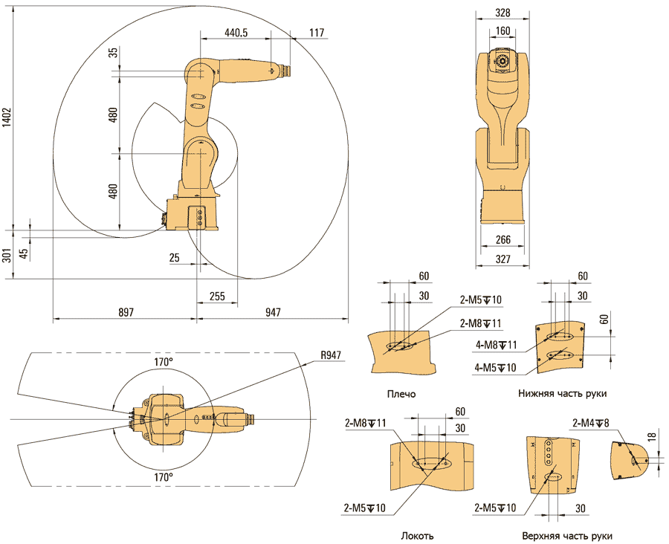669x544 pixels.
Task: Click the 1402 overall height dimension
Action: coord(7,118)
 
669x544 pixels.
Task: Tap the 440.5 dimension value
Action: coord(235,33)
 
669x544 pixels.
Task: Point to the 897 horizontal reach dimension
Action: coord(126,313)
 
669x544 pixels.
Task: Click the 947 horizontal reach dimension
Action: coord(272,313)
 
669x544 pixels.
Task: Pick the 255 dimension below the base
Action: coord(217,296)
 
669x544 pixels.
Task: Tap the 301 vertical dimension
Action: coord(6,257)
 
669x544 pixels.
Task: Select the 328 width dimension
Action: coord(502,13)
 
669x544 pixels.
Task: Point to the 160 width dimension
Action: coord(502,31)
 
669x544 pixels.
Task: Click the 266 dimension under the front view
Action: coord(502,240)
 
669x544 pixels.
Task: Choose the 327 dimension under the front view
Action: coord(502,259)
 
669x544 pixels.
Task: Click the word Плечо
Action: coord(401,394)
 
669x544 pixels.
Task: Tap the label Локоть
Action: coord(417,535)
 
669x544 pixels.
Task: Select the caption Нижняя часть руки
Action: coord(567,394)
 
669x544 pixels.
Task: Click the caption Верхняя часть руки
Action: coord(567,535)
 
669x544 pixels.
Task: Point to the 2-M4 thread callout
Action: coord(591,423)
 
